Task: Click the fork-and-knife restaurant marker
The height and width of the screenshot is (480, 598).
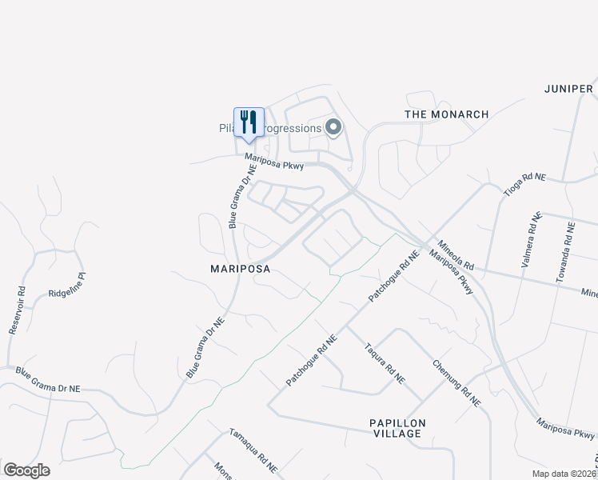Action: click(x=249, y=122)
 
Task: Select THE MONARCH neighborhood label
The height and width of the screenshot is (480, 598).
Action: click(x=446, y=114)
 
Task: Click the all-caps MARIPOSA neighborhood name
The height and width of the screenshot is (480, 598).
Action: click(x=240, y=270)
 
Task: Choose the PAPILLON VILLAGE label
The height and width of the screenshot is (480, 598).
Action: click(x=397, y=428)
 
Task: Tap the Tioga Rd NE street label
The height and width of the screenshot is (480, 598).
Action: click(x=523, y=186)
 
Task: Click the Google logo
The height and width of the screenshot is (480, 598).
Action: click(x=26, y=470)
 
